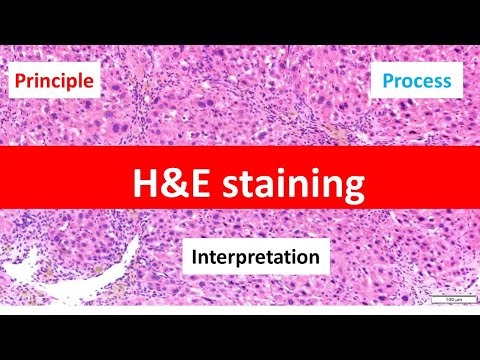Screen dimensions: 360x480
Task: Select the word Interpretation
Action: tap(256, 257)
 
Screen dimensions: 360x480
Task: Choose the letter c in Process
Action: tap(422, 82)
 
